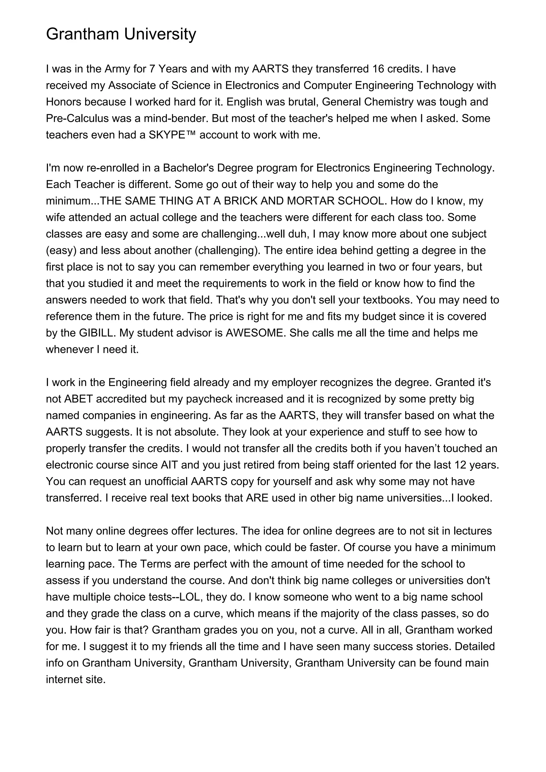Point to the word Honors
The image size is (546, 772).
pyautogui.click(x=63, y=102)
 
